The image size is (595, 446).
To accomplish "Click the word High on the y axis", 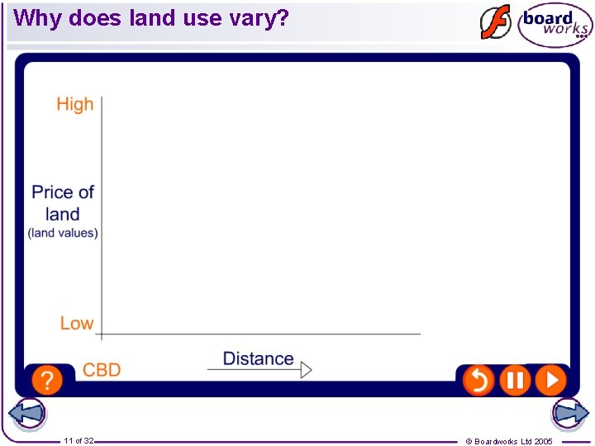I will click(74, 104).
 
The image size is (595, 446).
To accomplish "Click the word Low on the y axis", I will click(76, 323).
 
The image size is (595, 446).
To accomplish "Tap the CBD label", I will click(102, 370).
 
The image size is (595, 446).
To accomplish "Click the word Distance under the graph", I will click(258, 358).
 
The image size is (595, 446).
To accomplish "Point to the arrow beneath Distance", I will click(259, 370).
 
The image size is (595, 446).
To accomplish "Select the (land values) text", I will click(63, 233).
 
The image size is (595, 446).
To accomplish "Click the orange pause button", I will click(515, 380).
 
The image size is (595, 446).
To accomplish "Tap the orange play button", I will click(550, 380).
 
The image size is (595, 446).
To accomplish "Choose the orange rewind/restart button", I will click(478, 380).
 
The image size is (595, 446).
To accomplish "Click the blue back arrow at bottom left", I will click(27, 414).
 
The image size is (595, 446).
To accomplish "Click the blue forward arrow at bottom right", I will click(570, 412).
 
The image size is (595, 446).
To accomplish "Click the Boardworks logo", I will click(555, 24).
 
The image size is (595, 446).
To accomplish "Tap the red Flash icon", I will click(496, 22).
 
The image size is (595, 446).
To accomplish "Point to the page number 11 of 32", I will click(79, 441).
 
